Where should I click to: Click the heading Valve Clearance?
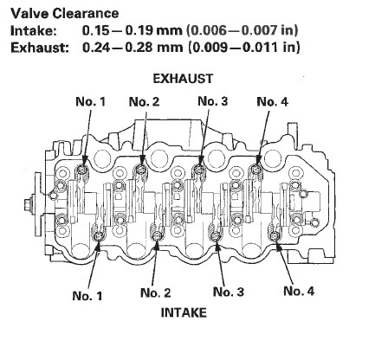pos(65,13)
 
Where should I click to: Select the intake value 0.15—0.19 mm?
pos(133,30)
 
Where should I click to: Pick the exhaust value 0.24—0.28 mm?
pos(133,47)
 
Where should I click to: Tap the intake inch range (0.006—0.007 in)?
pos(242,30)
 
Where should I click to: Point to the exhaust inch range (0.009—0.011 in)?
pos(244,48)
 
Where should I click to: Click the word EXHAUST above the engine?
pos(183,79)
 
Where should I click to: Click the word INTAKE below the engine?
pos(184,313)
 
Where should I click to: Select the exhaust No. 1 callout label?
pos(90,101)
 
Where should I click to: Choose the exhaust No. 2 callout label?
pos(144,101)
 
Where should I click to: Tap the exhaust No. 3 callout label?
pos(213,101)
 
